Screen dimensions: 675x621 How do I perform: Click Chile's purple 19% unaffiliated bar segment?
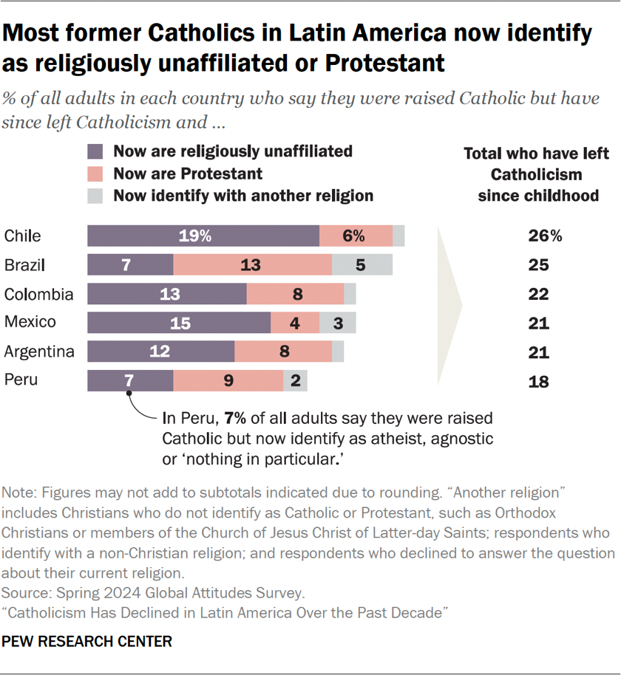click(x=203, y=236)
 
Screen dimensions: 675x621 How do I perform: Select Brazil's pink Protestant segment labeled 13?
click(x=252, y=265)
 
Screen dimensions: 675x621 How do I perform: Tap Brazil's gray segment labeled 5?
click(x=362, y=265)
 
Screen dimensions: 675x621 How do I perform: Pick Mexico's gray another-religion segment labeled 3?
click(x=337, y=323)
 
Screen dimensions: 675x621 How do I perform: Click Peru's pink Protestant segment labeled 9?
click(x=228, y=381)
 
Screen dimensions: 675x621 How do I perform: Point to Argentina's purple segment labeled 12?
click(x=160, y=352)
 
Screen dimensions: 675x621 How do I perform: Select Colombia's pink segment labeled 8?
click(x=295, y=294)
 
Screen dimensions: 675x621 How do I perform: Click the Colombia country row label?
click(x=39, y=294)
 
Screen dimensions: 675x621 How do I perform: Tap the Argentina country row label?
click(x=39, y=352)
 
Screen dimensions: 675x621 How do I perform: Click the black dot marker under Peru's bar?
click(x=130, y=394)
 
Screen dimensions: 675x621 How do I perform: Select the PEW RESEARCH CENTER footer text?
click(x=87, y=642)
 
